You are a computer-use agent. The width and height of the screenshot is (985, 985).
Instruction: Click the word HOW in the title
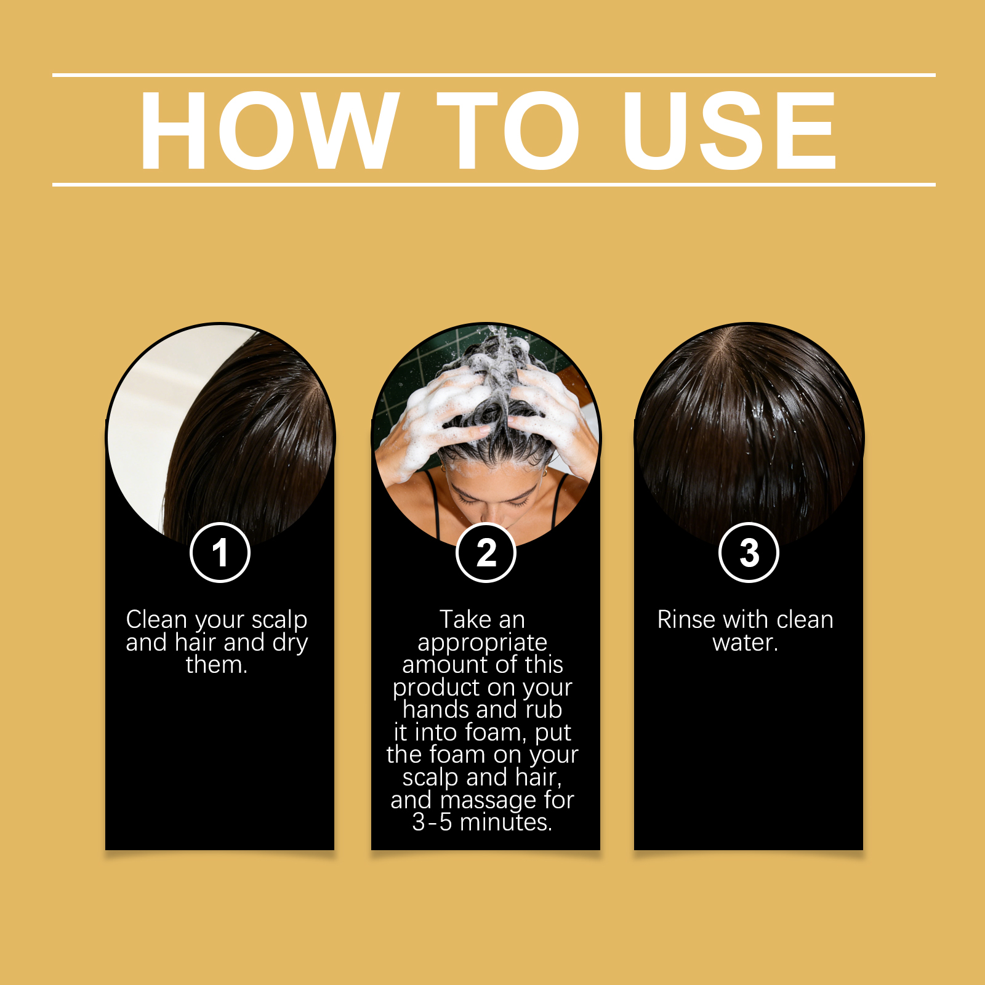click(270, 131)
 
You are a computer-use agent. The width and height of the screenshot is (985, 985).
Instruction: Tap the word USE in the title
click(730, 131)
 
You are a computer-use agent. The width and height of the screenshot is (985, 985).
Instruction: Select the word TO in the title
click(509, 131)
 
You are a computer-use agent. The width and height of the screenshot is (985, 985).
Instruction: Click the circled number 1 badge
click(220, 552)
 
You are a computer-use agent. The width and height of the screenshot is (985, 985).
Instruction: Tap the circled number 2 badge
click(486, 552)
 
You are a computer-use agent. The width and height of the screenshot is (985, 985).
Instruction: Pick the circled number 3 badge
click(749, 552)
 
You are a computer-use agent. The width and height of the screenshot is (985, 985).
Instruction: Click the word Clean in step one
click(156, 619)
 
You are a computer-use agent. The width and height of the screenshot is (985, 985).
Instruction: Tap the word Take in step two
click(465, 619)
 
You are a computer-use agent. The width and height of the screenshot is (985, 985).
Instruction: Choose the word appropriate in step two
click(483, 643)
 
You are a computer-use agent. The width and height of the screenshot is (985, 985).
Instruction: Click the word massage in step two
click(489, 801)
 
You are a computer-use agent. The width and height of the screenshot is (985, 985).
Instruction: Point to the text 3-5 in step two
click(432, 822)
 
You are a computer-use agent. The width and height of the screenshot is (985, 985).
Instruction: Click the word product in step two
click(438, 688)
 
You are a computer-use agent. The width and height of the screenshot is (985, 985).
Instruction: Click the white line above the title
click(494, 75)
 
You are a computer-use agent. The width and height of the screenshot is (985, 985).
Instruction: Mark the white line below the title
click(494, 184)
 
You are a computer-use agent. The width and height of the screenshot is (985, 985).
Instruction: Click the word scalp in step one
click(279, 621)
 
